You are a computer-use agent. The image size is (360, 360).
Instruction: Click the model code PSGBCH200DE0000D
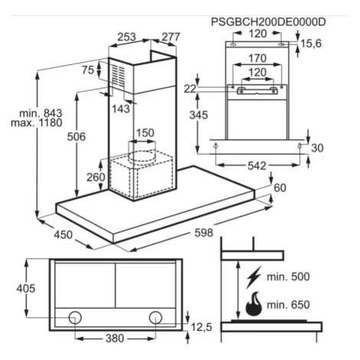point(268,22)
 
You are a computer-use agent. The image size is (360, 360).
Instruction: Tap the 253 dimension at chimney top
point(126,37)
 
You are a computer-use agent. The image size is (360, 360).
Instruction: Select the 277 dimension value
point(171,37)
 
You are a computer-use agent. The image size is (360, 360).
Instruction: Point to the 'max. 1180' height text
point(37,123)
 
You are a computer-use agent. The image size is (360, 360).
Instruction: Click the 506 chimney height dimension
point(76,137)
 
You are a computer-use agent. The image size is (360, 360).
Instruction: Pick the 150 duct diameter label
point(145,133)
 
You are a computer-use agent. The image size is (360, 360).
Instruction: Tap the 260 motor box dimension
point(96,177)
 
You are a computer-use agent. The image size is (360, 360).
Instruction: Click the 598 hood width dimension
point(204,233)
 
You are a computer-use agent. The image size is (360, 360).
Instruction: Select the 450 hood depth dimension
point(63,235)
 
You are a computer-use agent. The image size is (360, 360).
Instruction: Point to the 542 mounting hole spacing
point(257,166)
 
